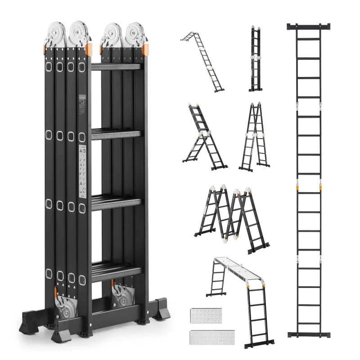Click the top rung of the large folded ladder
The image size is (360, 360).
(x=116, y=67)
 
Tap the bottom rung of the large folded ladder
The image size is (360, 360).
(x=116, y=270)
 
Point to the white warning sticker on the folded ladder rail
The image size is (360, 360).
(x=83, y=171)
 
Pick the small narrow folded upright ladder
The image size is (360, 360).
(x=256, y=58)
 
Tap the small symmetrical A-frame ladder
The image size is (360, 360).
(x=255, y=137)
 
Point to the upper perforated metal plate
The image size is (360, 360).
(x=206, y=317)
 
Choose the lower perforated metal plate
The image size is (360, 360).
(x=206, y=337)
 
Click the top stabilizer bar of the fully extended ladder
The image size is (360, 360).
(x=308, y=27)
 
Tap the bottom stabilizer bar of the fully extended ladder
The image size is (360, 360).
(x=308, y=334)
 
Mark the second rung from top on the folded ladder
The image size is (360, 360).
(x=116, y=134)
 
